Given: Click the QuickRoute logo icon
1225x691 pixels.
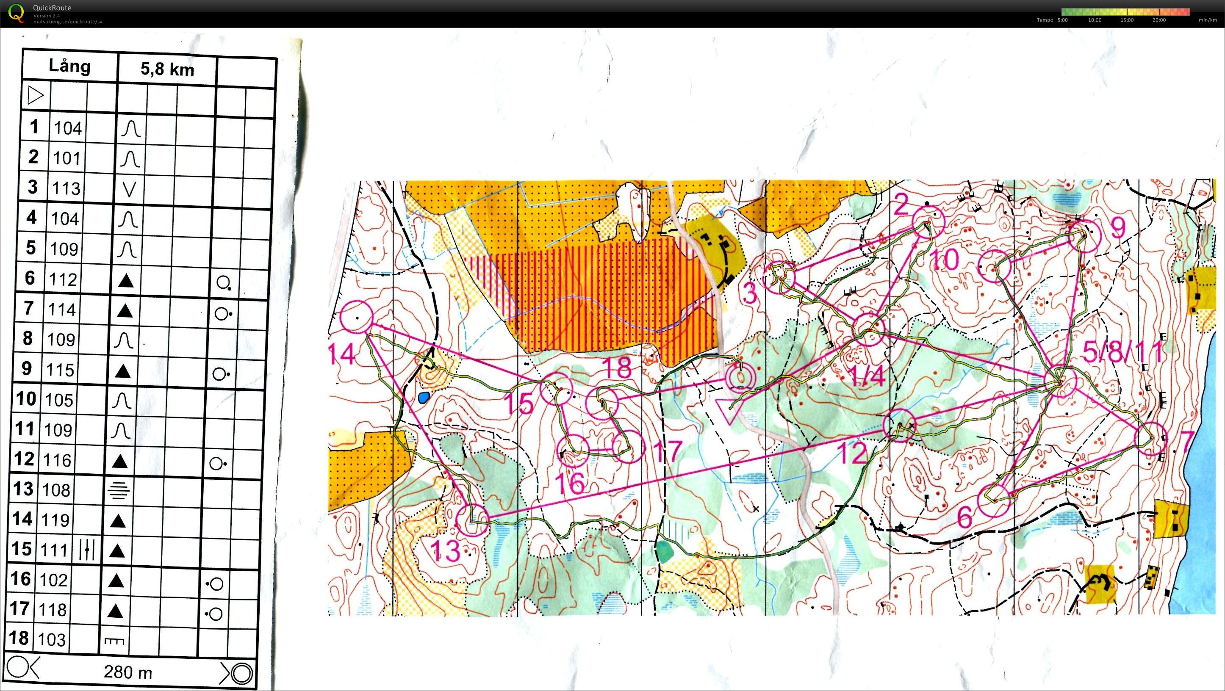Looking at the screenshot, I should coord(16,12).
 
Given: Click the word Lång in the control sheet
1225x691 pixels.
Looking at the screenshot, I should coord(69,66).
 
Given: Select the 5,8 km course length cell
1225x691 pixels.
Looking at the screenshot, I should coord(167,69).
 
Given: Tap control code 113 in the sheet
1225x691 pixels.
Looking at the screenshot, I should coord(66,188).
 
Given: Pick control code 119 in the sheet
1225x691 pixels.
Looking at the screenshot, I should coord(55,520).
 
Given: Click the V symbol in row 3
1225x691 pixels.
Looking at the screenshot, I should coord(129,190).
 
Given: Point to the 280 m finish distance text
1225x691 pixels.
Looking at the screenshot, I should coord(128,672).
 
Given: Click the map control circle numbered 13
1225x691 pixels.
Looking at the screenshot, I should coord(472,520).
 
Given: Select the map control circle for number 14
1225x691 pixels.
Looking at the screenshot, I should coord(357,317).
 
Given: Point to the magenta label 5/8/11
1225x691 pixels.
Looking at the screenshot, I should coord(1124,352).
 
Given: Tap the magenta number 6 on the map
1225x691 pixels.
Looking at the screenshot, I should coord(964,517).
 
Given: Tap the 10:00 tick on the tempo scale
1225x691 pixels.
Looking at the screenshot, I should coord(1095,20).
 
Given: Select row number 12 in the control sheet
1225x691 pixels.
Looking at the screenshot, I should coord(24,459).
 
